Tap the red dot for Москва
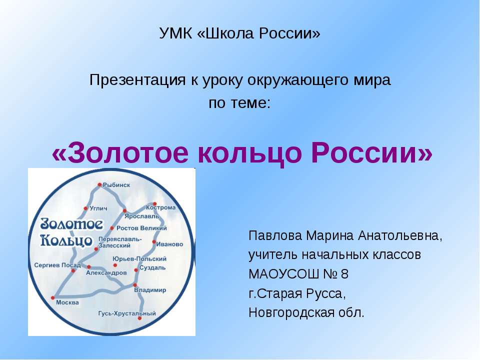(x=52, y=297)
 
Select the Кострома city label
(x=161, y=207)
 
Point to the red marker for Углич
(x=85, y=208)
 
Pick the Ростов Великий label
(x=141, y=228)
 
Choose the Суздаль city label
(x=153, y=267)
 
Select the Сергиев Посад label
(x=54, y=265)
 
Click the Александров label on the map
(x=106, y=273)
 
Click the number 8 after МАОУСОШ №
(x=344, y=274)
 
